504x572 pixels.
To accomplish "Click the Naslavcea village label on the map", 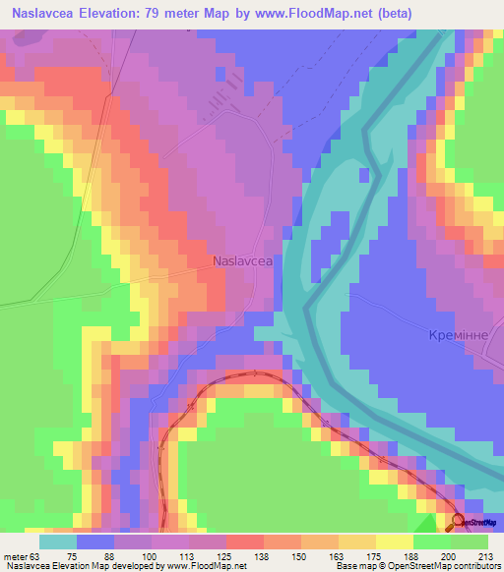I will (242, 261).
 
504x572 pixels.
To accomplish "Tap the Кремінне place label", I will (458, 335).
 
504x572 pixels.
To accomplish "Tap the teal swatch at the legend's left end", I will (57, 542).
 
